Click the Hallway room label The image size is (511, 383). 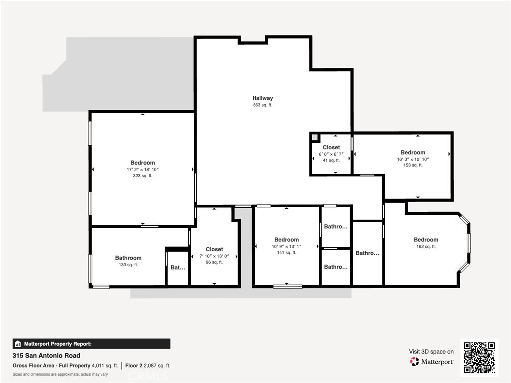[x=262, y=98]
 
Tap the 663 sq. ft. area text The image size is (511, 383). [x=262, y=105]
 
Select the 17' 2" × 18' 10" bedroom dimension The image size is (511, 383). [x=143, y=170]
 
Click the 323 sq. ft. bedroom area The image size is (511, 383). [x=143, y=176]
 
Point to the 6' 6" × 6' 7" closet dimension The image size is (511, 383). [x=331, y=154]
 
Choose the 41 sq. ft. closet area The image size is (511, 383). [x=331, y=160]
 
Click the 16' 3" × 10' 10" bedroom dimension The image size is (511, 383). [x=413, y=159]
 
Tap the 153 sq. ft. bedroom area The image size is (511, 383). [x=413, y=165]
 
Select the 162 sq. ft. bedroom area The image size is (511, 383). [x=426, y=247]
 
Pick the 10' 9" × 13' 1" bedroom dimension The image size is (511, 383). [x=286, y=247]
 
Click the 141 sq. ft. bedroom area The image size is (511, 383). [x=286, y=253]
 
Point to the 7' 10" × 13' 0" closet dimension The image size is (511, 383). [x=214, y=256]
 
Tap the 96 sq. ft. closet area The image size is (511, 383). [x=214, y=262]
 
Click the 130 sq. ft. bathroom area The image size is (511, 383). [x=128, y=265]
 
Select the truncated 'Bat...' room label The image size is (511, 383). [x=178, y=268]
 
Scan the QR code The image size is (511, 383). [x=479, y=357]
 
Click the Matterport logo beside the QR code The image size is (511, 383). [x=431, y=362]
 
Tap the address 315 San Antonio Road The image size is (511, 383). [x=46, y=356]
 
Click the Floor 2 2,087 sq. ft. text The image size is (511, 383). [x=148, y=366]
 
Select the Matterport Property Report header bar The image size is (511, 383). [x=91, y=344]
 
